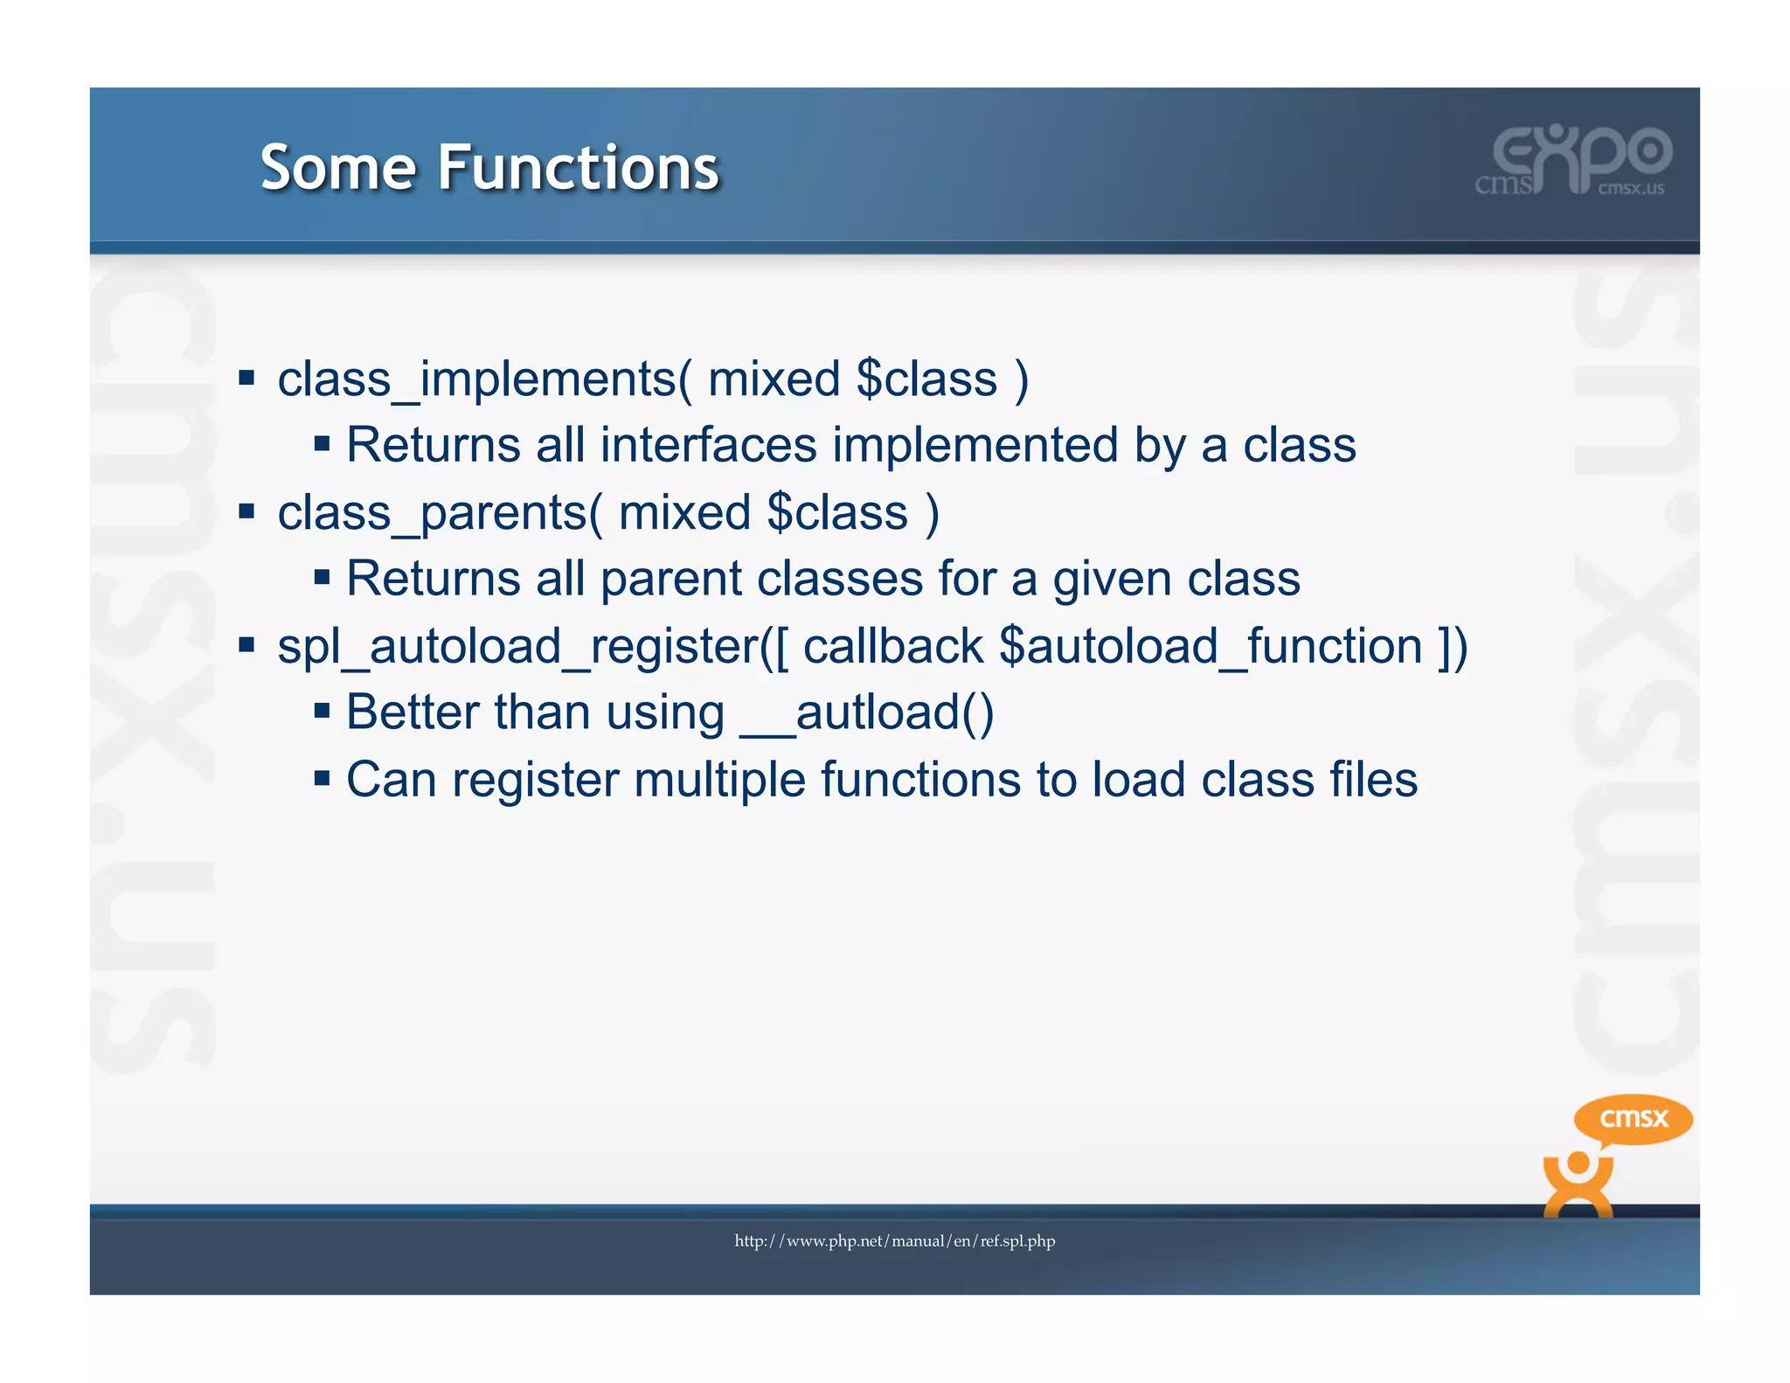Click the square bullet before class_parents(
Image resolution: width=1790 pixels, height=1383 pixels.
[x=246, y=511]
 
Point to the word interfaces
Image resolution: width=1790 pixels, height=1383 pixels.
[x=708, y=445]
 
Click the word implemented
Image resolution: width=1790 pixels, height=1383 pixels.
[x=975, y=445]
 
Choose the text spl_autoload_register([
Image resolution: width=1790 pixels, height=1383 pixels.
[x=533, y=648]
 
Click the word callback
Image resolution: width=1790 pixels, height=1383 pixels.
[x=893, y=648]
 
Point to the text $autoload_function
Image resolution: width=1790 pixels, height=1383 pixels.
[x=1211, y=648]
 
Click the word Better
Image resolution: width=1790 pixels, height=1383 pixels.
[x=413, y=712]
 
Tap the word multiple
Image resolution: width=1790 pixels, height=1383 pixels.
[x=719, y=780]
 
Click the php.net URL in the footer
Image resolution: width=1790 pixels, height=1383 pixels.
[x=894, y=1241]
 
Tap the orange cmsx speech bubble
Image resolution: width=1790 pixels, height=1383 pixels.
[x=1633, y=1119]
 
